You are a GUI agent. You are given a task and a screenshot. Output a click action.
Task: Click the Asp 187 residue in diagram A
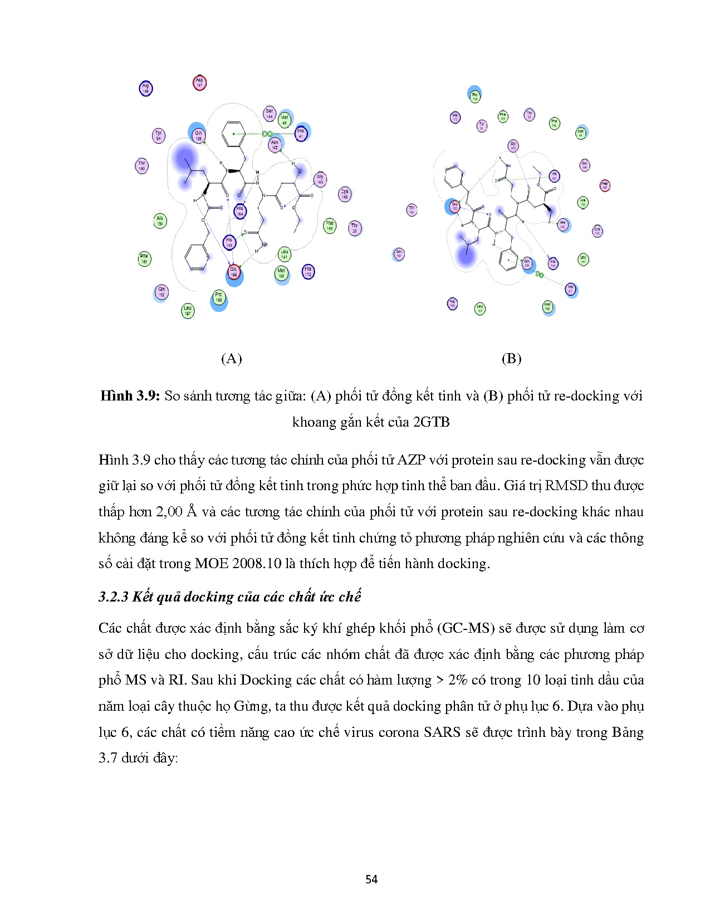click(x=199, y=83)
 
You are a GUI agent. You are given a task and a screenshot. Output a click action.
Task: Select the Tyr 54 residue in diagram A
click(x=159, y=135)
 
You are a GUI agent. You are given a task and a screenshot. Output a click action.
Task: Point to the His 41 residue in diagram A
click(x=301, y=133)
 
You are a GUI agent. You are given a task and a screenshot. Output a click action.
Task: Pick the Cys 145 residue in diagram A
click(x=345, y=194)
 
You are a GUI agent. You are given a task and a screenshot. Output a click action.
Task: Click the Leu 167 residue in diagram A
click(x=188, y=311)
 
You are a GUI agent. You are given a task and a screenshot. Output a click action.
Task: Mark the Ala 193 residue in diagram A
click(x=160, y=221)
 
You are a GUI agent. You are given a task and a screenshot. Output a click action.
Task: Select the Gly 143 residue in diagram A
click(x=320, y=179)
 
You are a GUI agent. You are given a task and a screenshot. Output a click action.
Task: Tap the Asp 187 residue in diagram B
click(x=605, y=185)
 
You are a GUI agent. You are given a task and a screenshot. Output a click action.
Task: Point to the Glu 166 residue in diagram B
click(x=454, y=207)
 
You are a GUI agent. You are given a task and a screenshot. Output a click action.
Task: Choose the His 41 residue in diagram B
click(x=570, y=289)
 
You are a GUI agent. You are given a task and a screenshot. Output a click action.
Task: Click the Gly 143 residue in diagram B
click(x=513, y=146)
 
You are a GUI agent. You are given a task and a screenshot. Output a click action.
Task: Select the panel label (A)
click(x=231, y=359)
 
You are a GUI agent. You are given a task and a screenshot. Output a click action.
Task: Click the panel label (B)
click(x=511, y=359)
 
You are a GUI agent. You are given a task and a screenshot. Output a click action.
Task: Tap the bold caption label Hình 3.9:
click(x=130, y=396)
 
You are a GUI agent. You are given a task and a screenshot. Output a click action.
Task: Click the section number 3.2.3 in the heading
click(x=114, y=597)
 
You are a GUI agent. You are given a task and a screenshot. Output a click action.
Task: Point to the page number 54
click(x=371, y=879)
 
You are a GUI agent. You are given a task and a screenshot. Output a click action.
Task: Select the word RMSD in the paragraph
click(x=566, y=486)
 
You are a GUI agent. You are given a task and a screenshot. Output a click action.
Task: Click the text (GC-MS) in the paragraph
click(x=466, y=628)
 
